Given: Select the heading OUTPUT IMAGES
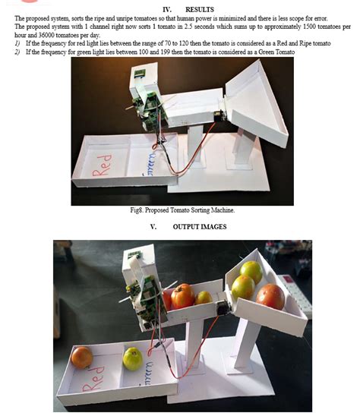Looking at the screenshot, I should click(x=200, y=226).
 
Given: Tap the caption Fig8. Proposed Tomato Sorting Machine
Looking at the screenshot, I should click(x=181, y=210).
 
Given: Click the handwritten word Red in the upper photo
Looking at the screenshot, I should click(x=103, y=163).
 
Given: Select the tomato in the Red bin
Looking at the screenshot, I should click(x=81, y=357).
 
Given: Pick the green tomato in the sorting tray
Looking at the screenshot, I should click(x=133, y=358).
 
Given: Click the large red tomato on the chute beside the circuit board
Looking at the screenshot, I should click(x=182, y=295).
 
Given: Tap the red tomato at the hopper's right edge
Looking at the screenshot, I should click(x=270, y=296).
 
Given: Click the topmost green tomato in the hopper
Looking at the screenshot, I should click(x=251, y=271).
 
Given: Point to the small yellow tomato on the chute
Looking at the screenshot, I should click(x=203, y=298).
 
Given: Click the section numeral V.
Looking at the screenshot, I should click(x=153, y=226).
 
